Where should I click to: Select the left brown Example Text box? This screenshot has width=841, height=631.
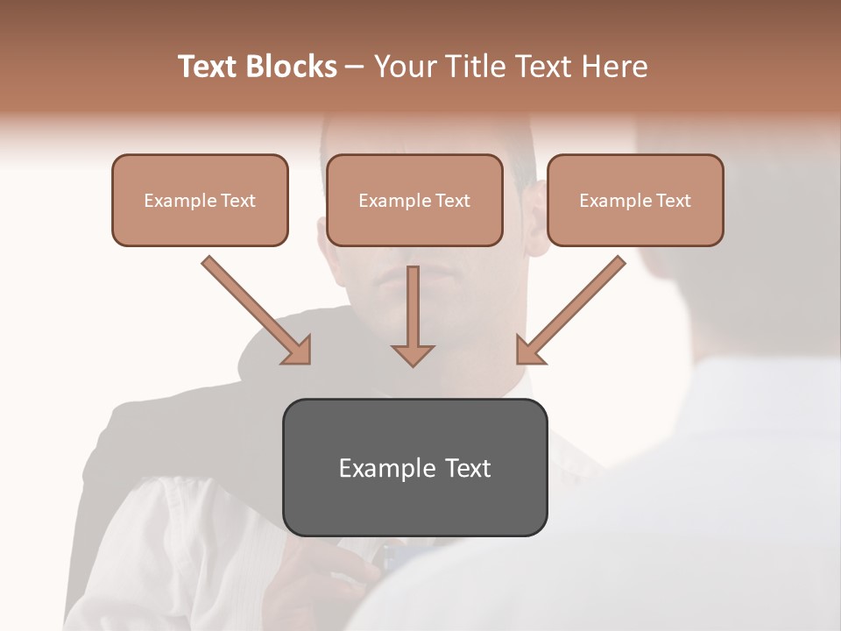[x=200, y=201]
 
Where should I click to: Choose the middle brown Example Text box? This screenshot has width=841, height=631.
[x=414, y=201]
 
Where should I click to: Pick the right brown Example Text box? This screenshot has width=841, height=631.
[x=635, y=201]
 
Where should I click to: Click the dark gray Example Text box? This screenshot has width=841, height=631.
[x=414, y=467]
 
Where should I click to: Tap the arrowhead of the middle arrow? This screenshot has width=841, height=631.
[x=413, y=354]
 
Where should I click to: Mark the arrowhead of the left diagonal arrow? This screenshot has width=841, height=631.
[x=298, y=350]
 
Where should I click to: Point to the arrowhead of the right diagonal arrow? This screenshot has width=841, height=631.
[x=529, y=350]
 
